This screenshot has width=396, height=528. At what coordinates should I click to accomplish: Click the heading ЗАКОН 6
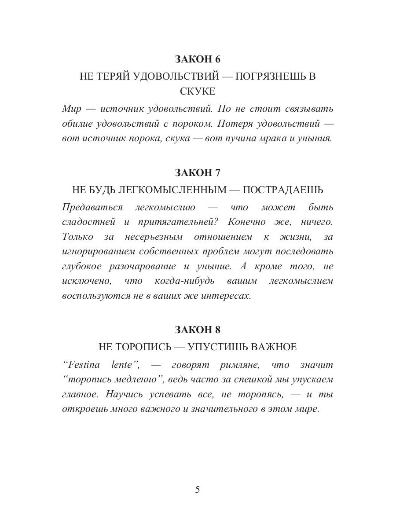tap(198, 59)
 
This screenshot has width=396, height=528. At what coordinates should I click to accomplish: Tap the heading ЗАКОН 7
tap(198, 172)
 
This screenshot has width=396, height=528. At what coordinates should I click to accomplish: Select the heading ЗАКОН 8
tap(198, 329)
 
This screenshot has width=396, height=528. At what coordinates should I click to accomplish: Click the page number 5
tap(198, 489)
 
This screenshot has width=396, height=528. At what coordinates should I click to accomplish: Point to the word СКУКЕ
tap(198, 91)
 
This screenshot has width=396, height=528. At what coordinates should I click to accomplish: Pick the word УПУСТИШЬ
tap(217, 347)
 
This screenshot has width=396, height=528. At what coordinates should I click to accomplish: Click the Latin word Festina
tap(82, 365)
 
